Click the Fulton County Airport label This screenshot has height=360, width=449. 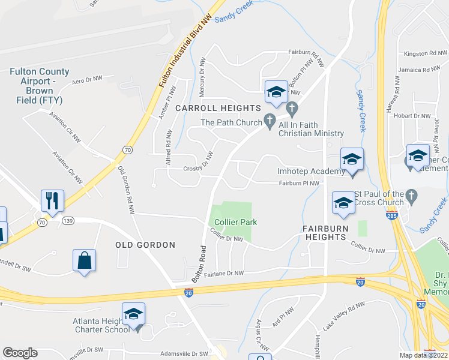[x=39, y=86]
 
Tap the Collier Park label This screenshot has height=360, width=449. [x=236, y=222]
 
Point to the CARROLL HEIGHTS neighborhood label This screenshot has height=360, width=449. [x=218, y=108]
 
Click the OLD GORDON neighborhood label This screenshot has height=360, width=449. [x=145, y=245]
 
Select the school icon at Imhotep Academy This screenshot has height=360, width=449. [x=352, y=159]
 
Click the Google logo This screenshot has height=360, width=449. [x=20, y=353]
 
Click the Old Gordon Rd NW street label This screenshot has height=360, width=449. [x=125, y=191]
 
